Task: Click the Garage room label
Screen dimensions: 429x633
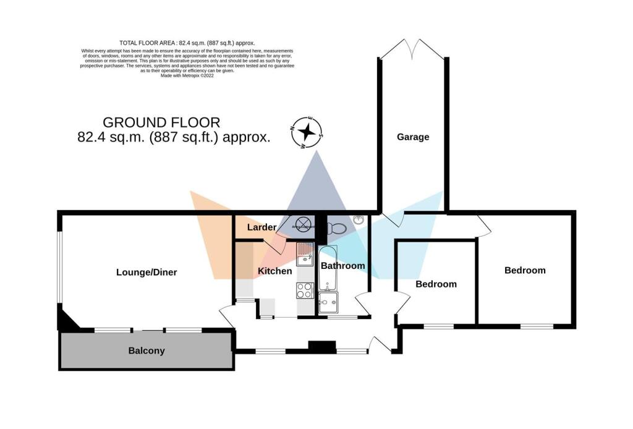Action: pos(412,137)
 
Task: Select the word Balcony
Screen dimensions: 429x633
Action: pos(147,351)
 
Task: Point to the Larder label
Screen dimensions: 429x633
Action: pos(261,228)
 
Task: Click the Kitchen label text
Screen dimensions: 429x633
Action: pos(274,271)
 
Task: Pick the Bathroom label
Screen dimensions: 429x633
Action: pos(342,266)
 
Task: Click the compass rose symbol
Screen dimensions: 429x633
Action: pos(307,132)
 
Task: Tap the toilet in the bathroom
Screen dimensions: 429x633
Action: pos(338,228)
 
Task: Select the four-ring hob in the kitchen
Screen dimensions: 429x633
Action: pos(305,289)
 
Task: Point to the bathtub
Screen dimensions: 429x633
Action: pos(328,272)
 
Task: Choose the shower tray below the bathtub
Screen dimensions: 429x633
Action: pos(328,303)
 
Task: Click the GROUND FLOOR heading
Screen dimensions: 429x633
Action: pos(161,122)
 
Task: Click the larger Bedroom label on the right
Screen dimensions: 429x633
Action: pos(525,270)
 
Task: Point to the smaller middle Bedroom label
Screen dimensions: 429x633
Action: pos(436,284)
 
